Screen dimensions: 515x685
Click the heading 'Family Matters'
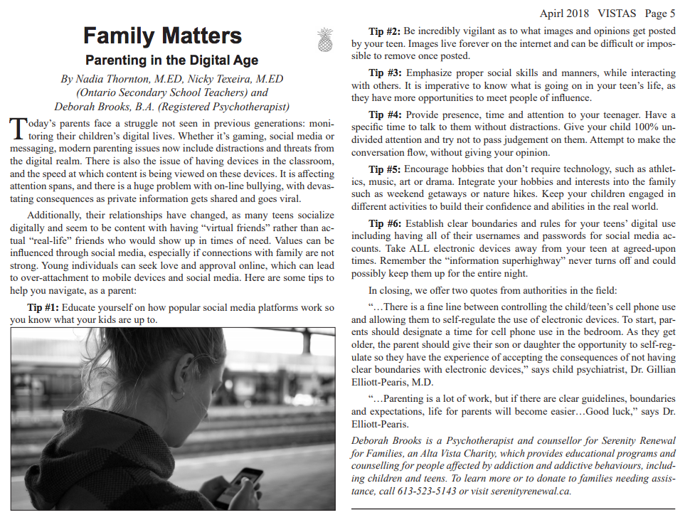[x=162, y=36]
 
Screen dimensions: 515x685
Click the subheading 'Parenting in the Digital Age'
[x=171, y=60]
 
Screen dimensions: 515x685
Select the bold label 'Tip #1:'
[x=43, y=307]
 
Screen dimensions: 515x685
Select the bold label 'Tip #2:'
[x=386, y=31]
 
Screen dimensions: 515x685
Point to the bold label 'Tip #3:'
[x=386, y=73]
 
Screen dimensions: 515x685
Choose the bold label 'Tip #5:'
[x=386, y=169]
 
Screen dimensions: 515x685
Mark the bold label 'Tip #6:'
[x=386, y=223]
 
